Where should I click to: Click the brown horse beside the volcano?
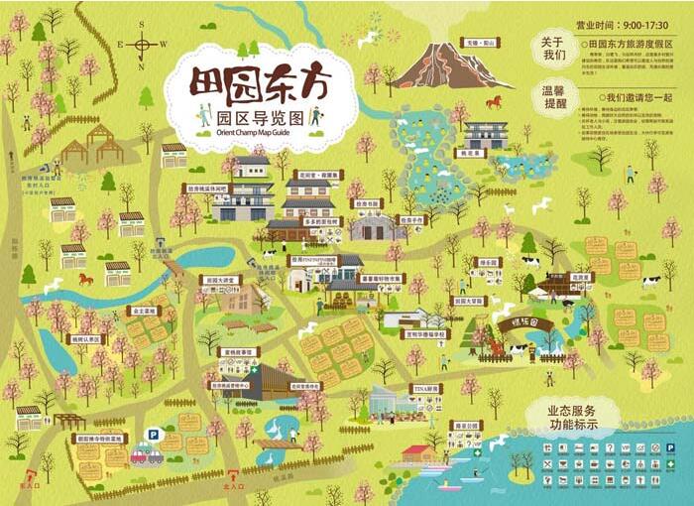pos(494,100)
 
